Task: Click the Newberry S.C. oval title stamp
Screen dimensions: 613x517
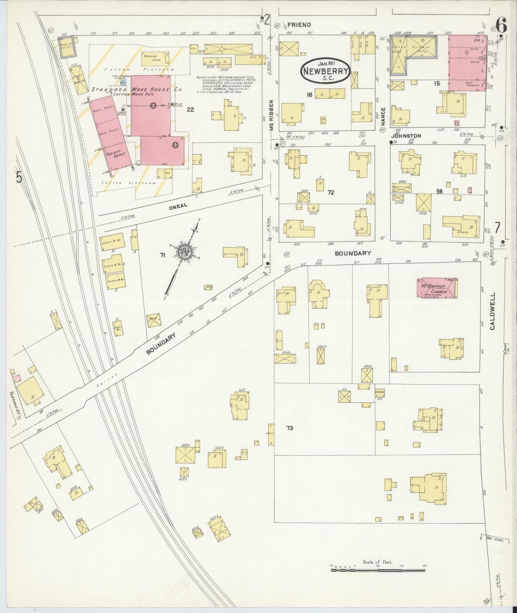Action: [325, 71]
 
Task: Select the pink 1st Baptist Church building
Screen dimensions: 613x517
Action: [437, 288]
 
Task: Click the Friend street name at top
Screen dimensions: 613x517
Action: [299, 25]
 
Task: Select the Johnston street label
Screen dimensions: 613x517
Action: [406, 136]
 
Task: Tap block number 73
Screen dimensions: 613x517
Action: [289, 428]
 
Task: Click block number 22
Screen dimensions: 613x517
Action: [190, 109]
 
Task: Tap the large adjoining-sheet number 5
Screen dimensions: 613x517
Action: [19, 177]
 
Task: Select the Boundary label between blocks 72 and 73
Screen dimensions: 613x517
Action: [353, 253]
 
